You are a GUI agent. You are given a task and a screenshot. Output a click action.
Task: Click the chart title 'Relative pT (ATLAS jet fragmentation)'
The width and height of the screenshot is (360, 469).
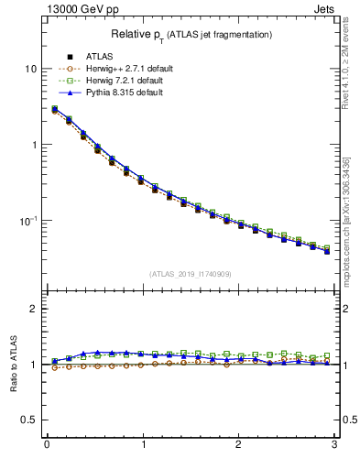click(x=191, y=34)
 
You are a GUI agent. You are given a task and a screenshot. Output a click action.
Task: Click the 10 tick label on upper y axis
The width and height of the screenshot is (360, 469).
click(x=31, y=70)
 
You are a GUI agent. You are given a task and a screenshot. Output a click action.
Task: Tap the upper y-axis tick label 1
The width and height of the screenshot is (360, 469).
click(x=34, y=145)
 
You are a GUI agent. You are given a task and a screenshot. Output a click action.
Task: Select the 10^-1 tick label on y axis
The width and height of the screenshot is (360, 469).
click(x=28, y=221)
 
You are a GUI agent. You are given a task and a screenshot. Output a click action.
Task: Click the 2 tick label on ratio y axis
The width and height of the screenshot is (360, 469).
click(x=34, y=309)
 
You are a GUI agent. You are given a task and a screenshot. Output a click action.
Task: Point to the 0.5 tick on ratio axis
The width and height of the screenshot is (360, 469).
click(x=30, y=420)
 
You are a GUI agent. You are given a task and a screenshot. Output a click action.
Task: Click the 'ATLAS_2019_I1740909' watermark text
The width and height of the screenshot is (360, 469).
click(x=191, y=274)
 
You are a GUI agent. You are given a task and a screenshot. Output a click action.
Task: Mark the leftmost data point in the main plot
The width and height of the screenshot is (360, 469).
click(x=55, y=110)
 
